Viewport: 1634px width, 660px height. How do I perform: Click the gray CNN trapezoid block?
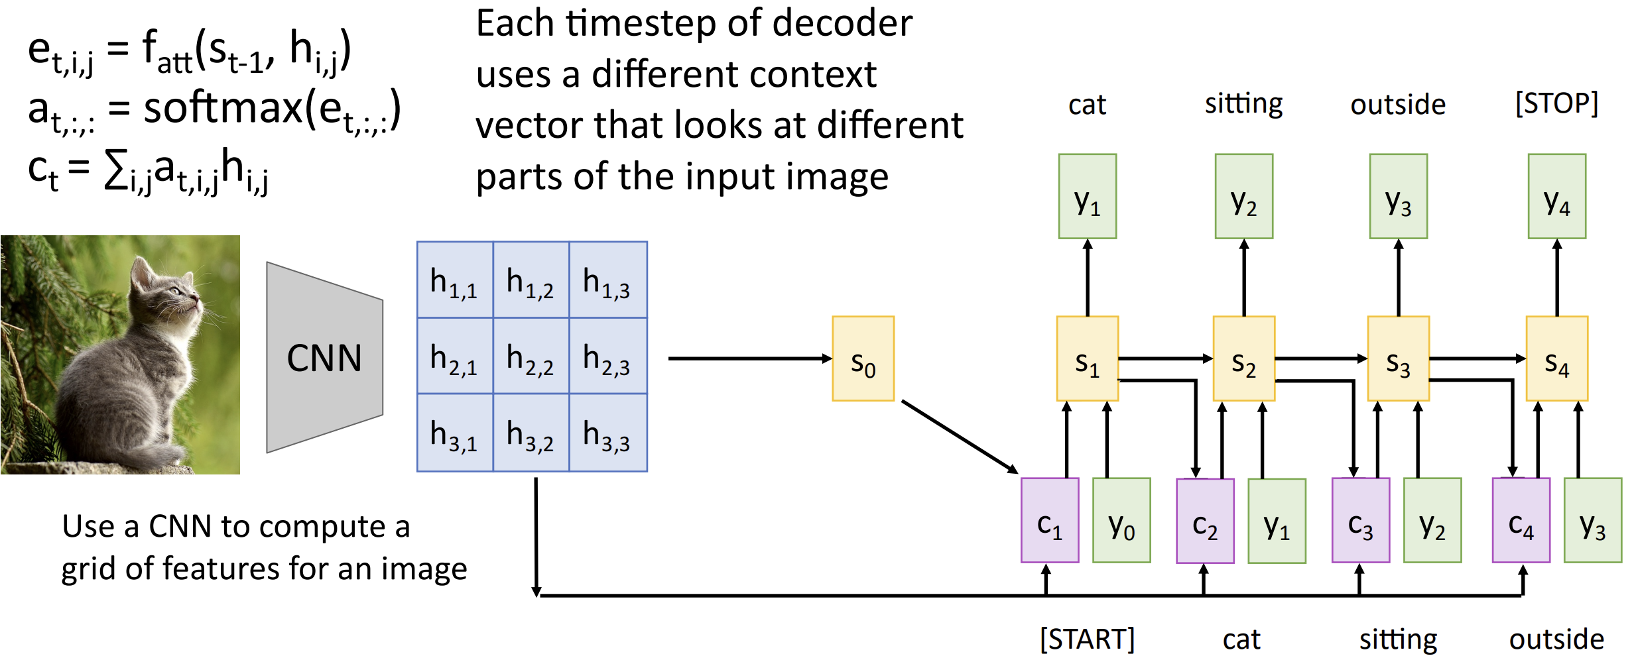coord(325,357)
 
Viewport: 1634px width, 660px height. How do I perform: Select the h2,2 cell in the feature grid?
coord(531,356)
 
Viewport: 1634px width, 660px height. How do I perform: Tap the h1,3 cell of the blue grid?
coord(608,280)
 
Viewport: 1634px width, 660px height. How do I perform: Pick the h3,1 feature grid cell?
coord(455,433)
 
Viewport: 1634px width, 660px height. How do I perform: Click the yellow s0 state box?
coord(863,358)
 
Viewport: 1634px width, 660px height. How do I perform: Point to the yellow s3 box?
coord(1399,358)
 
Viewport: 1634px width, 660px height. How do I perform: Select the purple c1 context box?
coord(1050,520)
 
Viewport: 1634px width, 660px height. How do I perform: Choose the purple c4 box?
coord(1521,520)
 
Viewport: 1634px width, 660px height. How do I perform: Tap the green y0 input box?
coord(1121,520)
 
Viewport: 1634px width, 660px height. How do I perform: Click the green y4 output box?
coord(1557,196)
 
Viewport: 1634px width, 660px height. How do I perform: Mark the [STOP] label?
coord(1557,103)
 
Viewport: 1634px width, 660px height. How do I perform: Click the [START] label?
coord(1088,639)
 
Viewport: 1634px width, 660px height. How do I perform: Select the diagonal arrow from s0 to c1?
coord(960,437)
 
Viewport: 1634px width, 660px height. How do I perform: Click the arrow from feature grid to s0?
coord(750,358)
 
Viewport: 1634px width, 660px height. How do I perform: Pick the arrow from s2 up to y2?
coord(1244,278)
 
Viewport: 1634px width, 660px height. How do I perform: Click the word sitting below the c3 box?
coord(1399,640)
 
